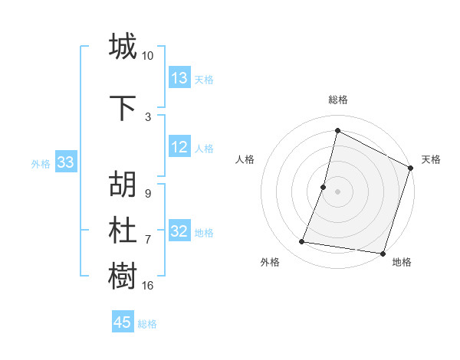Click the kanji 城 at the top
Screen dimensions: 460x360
(x=123, y=47)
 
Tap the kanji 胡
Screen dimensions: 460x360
(x=123, y=185)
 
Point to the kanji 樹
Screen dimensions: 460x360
(x=123, y=276)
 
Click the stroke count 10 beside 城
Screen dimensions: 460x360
(x=148, y=56)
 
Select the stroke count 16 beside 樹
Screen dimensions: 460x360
(x=148, y=286)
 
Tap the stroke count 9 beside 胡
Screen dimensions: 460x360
(x=147, y=194)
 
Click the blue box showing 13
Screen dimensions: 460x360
(x=179, y=78)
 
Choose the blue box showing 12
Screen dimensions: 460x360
(x=179, y=148)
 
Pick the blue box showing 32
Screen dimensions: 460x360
(x=179, y=232)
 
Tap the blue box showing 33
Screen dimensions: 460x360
(x=65, y=162)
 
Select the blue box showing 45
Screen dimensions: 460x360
(x=123, y=322)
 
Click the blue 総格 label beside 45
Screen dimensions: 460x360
(x=147, y=324)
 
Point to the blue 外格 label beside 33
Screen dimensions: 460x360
(x=41, y=163)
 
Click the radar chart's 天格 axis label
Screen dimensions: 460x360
(x=431, y=159)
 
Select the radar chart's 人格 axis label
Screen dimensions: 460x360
(x=245, y=159)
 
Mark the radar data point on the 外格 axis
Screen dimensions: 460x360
(x=302, y=242)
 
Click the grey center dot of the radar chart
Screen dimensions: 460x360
(x=337, y=191)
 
